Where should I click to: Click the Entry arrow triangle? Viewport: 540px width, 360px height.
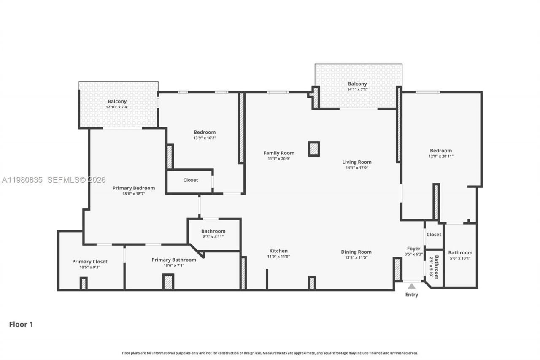pyautogui.click(x=411, y=286)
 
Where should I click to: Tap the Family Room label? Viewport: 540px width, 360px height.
pyautogui.click(x=279, y=153)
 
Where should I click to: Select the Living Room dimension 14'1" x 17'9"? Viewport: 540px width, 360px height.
pyautogui.click(x=356, y=168)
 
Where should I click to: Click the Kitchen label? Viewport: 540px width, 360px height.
pyautogui.click(x=278, y=251)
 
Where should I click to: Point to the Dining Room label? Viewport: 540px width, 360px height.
pyautogui.click(x=356, y=252)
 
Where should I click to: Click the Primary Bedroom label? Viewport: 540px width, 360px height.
pyautogui.click(x=133, y=188)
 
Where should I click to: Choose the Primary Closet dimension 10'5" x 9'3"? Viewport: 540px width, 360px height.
pyautogui.click(x=89, y=267)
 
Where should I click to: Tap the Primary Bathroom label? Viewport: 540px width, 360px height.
pyautogui.click(x=173, y=260)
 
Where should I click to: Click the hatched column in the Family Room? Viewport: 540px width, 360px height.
pyautogui.click(x=314, y=149)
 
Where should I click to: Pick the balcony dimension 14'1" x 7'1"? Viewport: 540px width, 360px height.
pyautogui.click(x=357, y=89)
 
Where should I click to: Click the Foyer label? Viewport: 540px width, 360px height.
pyautogui.click(x=413, y=249)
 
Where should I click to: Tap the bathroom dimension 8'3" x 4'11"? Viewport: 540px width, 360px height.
pyautogui.click(x=213, y=237)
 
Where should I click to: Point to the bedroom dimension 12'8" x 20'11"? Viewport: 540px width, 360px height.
pyautogui.click(x=441, y=156)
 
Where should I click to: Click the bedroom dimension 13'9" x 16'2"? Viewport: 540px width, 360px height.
pyautogui.click(x=205, y=138)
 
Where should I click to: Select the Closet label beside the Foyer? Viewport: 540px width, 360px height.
pyautogui.click(x=434, y=235)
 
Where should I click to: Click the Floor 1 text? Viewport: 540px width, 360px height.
pyautogui.click(x=21, y=325)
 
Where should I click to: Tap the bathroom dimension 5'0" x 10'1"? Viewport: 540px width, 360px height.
pyautogui.click(x=460, y=258)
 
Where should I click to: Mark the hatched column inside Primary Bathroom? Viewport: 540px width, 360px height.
pyautogui.click(x=168, y=282)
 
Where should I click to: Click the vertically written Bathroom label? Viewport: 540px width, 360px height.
pyautogui.click(x=437, y=267)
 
